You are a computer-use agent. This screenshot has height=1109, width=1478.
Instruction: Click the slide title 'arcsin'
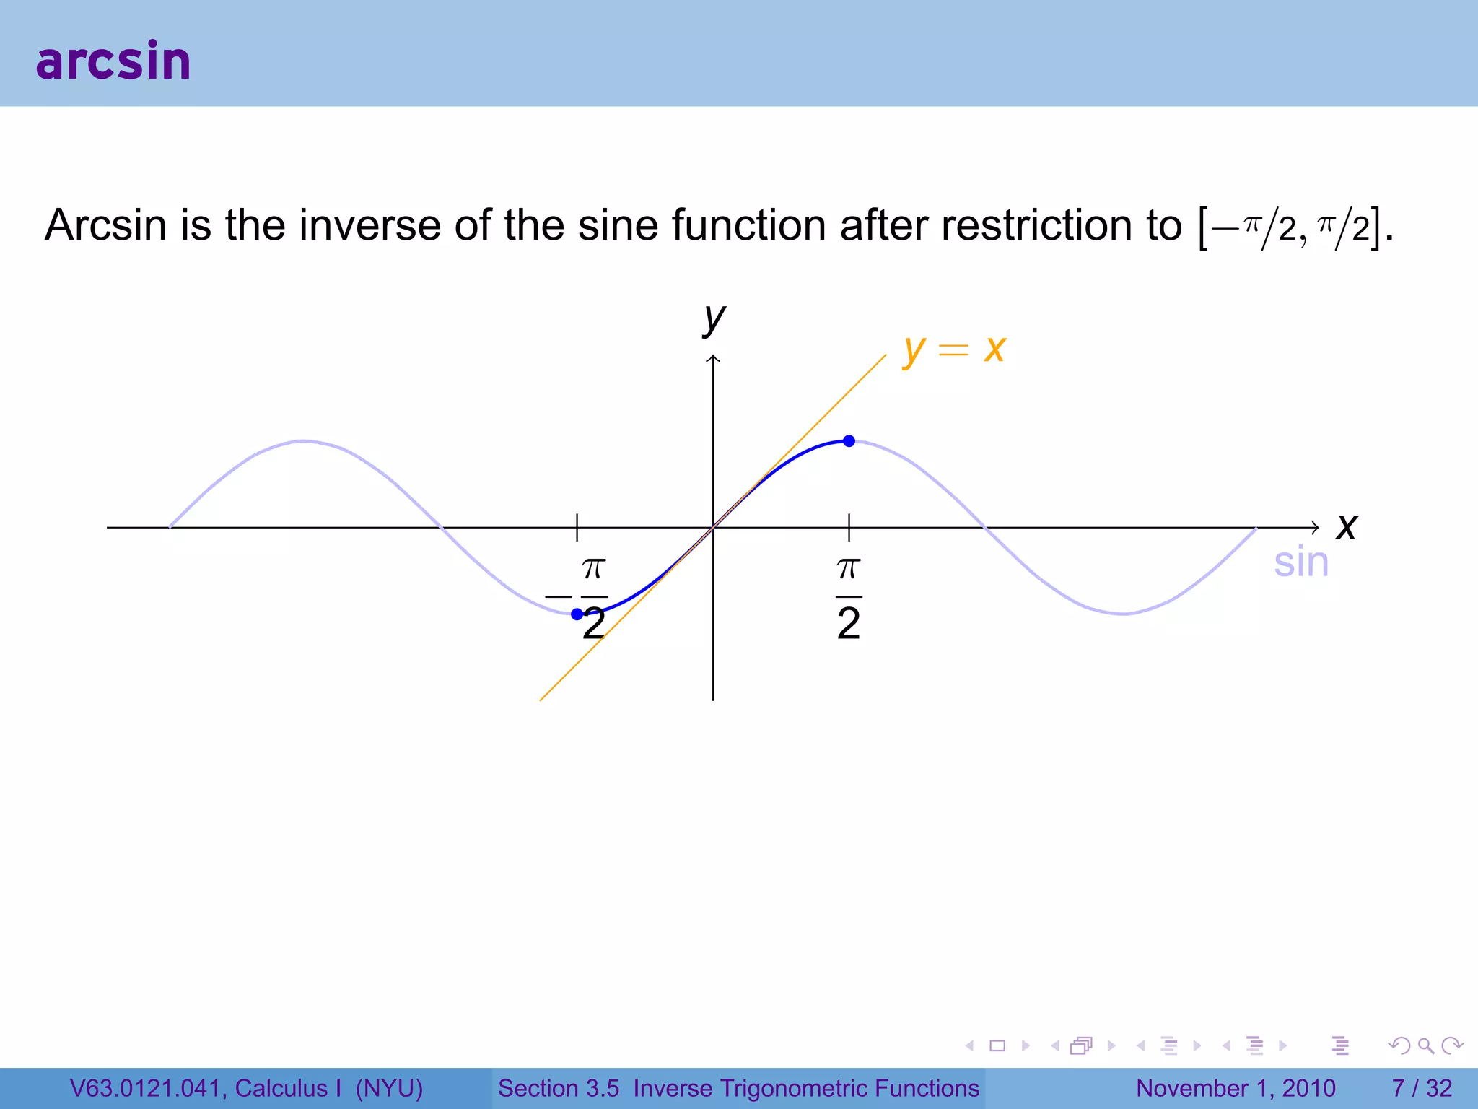(113, 61)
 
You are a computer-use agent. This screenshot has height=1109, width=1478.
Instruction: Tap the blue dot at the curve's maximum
(849, 441)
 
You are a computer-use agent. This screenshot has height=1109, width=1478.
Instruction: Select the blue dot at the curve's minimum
(577, 614)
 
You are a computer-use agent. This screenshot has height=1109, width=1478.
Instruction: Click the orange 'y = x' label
(954, 349)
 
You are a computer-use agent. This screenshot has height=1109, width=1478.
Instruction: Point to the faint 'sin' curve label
(1300, 562)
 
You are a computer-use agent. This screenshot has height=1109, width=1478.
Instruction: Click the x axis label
(1346, 526)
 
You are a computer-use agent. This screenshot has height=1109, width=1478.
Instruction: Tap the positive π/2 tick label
(849, 598)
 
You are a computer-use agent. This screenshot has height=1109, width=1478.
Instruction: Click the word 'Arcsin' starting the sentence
(106, 225)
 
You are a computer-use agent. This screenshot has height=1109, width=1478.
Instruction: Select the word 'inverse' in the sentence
(370, 225)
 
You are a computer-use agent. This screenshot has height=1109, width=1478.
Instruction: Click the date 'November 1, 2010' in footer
(1236, 1088)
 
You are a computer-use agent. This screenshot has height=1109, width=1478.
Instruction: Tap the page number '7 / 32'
(1422, 1088)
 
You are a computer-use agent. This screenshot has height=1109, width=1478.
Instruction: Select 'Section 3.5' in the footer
(559, 1088)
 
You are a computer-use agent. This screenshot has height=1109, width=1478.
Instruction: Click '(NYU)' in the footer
(389, 1088)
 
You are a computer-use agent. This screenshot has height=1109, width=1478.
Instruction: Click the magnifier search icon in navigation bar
(1425, 1045)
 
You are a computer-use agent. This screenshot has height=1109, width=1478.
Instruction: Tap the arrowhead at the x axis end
(1316, 528)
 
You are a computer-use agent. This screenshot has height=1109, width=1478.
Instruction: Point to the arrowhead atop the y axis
(713, 359)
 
